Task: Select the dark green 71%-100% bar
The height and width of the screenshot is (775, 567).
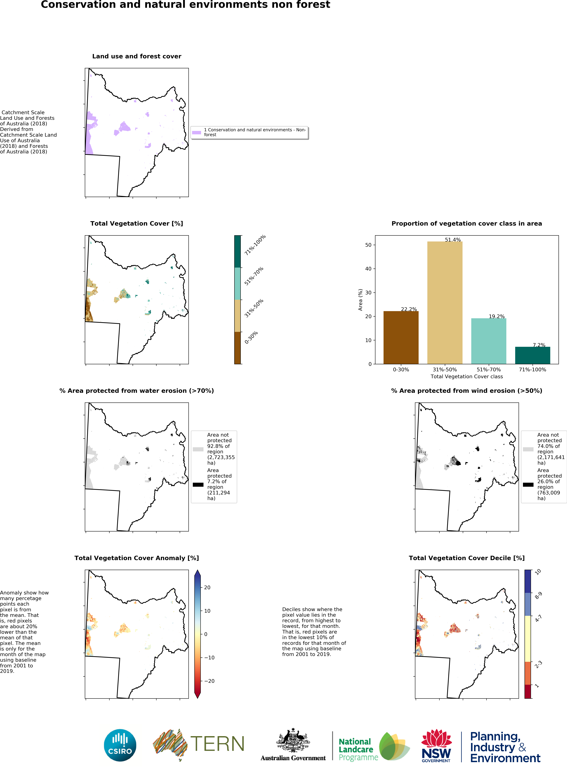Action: click(x=532, y=355)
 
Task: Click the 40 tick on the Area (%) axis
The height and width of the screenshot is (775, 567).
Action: click(x=368, y=269)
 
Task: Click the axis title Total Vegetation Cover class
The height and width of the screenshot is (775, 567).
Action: click(x=466, y=377)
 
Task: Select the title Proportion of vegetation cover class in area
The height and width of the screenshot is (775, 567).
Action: click(x=466, y=223)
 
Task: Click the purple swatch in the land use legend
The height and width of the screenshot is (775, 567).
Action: click(x=196, y=133)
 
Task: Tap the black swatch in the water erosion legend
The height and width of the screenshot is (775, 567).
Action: click(x=198, y=485)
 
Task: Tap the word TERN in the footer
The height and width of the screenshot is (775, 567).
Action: click(x=217, y=744)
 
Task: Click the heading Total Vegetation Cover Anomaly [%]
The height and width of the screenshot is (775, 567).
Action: click(x=137, y=558)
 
